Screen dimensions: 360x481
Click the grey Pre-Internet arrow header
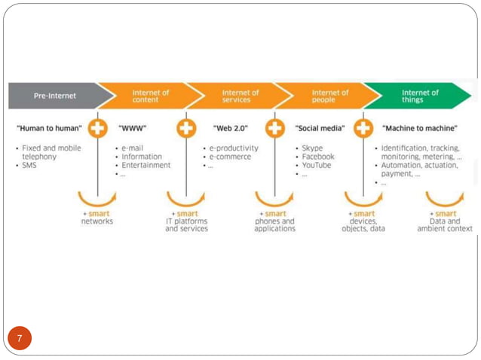tap(54, 96)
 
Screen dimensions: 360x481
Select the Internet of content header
tap(151, 96)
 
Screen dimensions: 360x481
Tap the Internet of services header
tap(240, 96)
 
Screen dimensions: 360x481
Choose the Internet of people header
tap(330, 96)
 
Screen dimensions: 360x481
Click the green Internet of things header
tap(420, 96)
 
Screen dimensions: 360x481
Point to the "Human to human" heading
tap(49, 128)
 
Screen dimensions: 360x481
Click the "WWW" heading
tap(132, 128)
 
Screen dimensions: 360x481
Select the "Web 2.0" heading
tap(231, 128)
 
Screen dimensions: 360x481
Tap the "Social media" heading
tap(320, 128)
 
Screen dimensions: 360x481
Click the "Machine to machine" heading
tap(420, 128)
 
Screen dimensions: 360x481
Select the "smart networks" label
tap(97, 218)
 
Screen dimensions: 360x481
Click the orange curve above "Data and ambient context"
tap(444, 200)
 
